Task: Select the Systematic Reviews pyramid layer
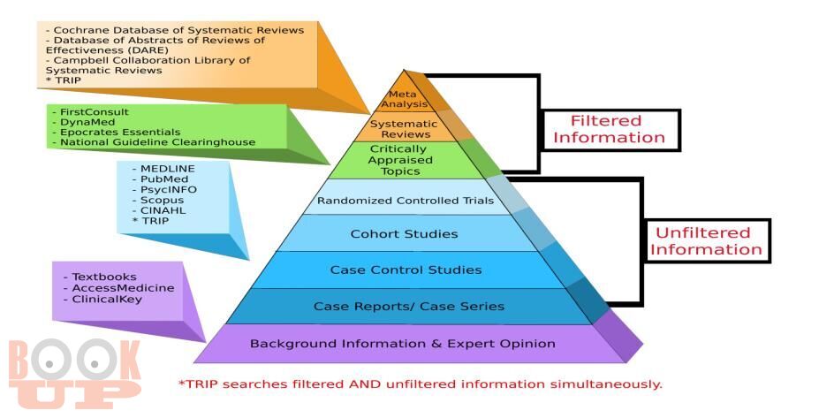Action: tap(404, 127)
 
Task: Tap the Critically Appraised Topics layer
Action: tap(400, 161)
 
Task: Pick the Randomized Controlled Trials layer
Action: tap(406, 201)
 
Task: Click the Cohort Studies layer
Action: tap(405, 233)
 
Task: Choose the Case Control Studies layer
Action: tap(406, 270)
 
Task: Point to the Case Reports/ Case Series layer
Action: tap(408, 306)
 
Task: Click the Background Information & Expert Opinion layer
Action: tap(403, 344)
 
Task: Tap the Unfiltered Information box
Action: tap(706, 241)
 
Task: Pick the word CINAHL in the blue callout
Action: tap(163, 210)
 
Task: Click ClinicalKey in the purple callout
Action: tap(107, 300)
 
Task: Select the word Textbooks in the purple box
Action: tap(104, 277)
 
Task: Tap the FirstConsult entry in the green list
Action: tap(94, 112)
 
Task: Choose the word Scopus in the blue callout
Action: tap(162, 200)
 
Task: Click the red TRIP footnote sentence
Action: tap(421, 384)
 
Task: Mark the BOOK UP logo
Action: tap(74, 373)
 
